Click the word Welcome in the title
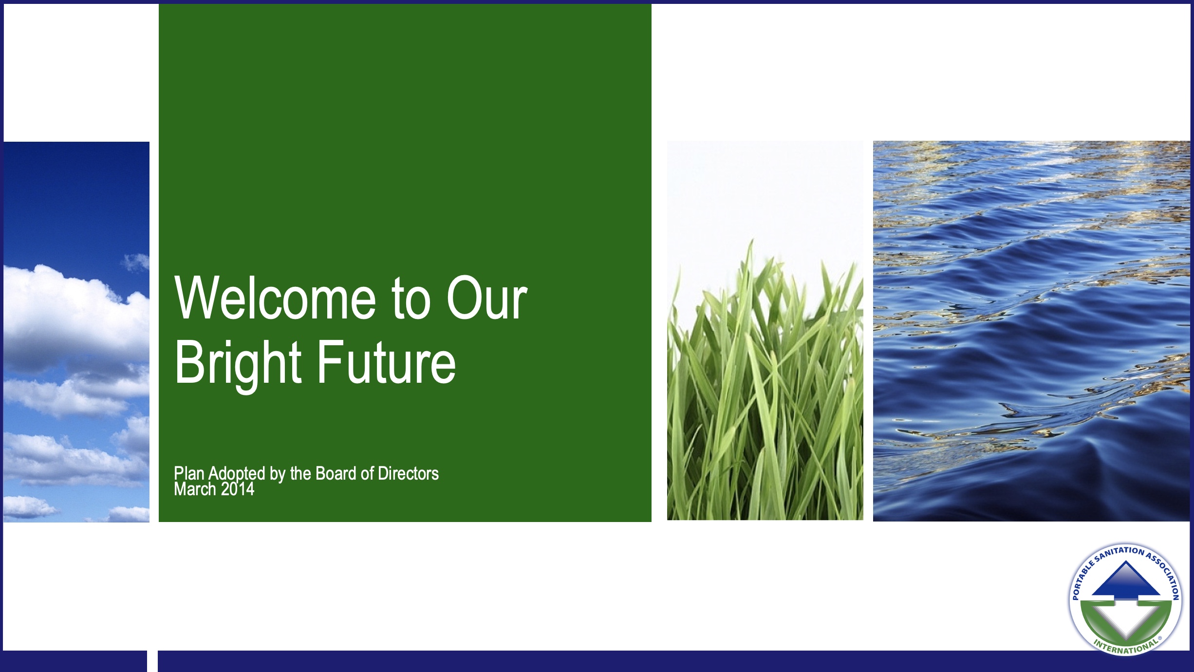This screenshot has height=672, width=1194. click(275, 298)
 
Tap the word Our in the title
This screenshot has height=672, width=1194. click(487, 298)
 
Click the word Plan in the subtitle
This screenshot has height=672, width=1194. click(189, 473)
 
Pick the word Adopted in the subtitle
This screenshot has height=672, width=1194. click(237, 474)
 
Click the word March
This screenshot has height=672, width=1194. click(195, 489)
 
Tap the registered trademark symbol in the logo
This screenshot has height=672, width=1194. click(1160, 638)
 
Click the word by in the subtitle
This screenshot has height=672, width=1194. click(278, 474)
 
